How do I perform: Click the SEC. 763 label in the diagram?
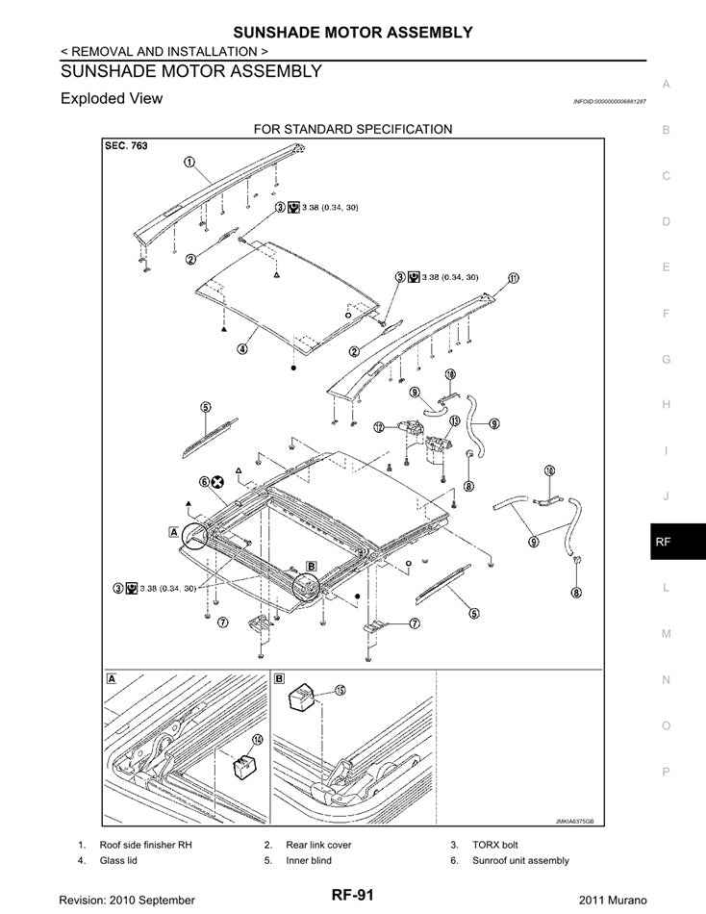[x=126, y=147]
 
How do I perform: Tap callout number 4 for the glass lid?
[x=243, y=349]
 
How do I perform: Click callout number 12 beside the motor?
[x=379, y=426]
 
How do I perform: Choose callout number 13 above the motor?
[x=428, y=421]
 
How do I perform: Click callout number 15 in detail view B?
[x=340, y=689]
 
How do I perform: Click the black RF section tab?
[x=665, y=542]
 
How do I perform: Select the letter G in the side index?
[x=665, y=359]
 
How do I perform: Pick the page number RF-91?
[x=353, y=896]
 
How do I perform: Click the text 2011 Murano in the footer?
[x=613, y=899]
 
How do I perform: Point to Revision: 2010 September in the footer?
[x=127, y=899]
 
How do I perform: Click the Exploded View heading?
[x=112, y=98]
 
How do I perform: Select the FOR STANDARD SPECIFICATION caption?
[x=352, y=129]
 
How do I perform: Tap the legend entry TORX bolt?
[x=495, y=845]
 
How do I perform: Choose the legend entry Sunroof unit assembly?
[x=520, y=860]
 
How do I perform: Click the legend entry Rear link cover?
[x=318, y=845]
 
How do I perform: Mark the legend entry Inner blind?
[x=308, y=860]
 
